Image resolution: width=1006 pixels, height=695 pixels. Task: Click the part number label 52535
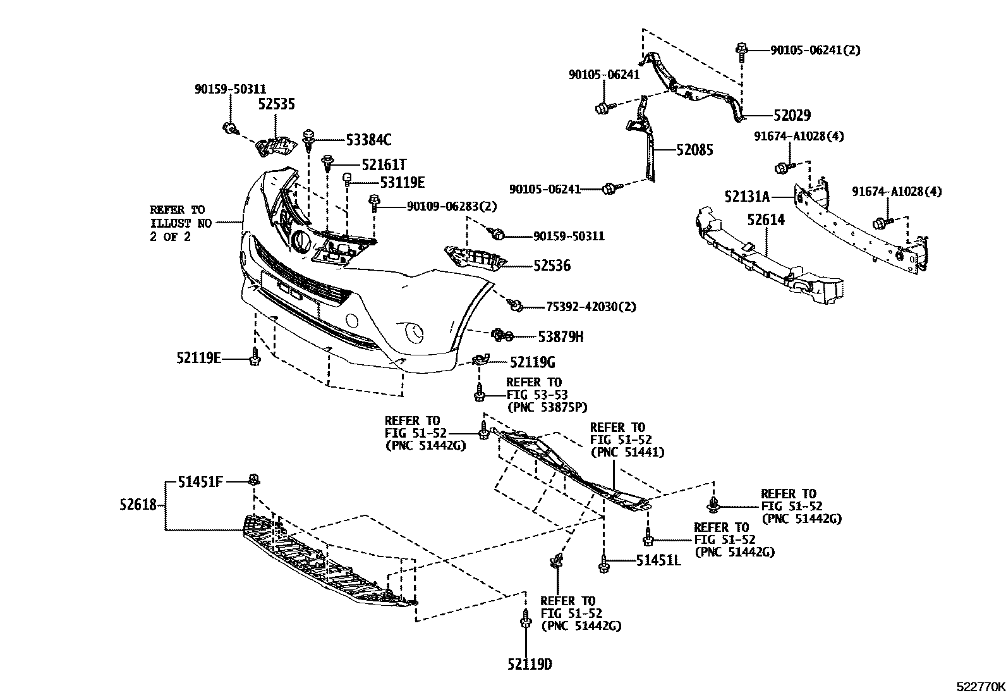(x=276, y=104)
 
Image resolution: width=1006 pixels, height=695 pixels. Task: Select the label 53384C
(x=368, y=140)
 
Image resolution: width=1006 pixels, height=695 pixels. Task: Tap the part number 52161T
(x=384, y=164)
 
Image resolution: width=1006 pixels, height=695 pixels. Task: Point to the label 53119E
(x=402, y=183)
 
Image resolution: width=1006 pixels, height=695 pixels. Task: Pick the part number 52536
(x=551, y=266)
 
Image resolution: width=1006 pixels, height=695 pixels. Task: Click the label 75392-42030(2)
(x=591, y=307)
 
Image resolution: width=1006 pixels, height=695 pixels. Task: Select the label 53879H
(x=560, y=337)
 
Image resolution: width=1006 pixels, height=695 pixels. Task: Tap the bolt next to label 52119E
(x=255, y=358)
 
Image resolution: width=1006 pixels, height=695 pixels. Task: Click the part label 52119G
(x=532, y=362)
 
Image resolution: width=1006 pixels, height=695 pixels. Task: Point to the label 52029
(x=792, y=116)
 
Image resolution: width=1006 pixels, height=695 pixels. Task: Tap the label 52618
(x=137, y=505)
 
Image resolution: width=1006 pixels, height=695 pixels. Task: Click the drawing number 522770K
(x=979, y=687)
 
